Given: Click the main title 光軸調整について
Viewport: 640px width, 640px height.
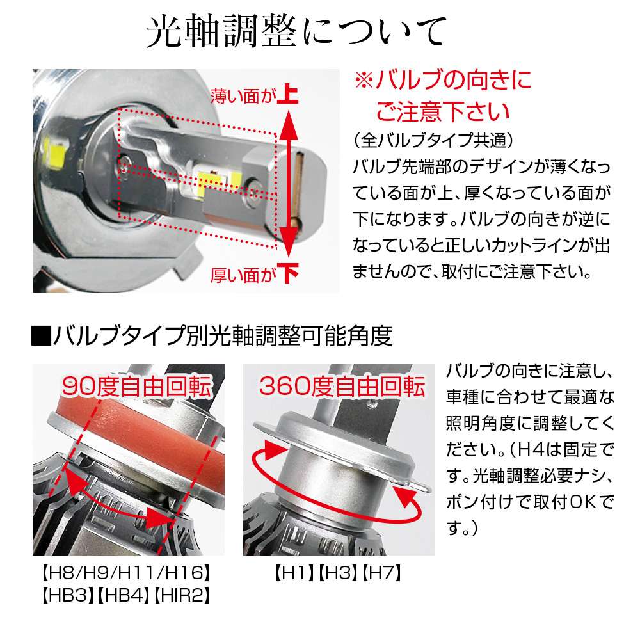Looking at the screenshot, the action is (297, 32).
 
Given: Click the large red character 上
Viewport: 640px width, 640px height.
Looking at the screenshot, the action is (288, 94).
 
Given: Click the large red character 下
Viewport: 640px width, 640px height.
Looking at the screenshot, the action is (288, 273).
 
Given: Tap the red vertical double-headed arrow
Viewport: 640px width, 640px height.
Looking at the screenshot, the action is (288, 183).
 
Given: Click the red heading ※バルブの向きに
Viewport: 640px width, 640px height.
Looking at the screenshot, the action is (444, 79).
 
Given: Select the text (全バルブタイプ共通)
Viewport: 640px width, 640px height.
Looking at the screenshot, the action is (433, 140).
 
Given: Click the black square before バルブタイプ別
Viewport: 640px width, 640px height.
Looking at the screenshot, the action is (41, 336).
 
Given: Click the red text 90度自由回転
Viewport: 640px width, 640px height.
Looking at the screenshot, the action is (137, 386).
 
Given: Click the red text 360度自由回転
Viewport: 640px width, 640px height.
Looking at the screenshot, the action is (342, 386).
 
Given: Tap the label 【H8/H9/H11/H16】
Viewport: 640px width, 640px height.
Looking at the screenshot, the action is (126, 573).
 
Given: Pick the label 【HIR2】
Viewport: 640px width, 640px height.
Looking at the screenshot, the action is (182, 595).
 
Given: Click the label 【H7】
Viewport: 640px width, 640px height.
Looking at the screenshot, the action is (382, 573).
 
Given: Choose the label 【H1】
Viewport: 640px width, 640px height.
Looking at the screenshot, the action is (294, 573).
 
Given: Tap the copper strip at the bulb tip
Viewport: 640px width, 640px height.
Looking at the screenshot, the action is (297, 190).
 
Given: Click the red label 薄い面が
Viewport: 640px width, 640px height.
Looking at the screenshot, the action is (243, 97).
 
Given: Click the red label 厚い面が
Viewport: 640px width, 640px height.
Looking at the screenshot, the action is (243, 275).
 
